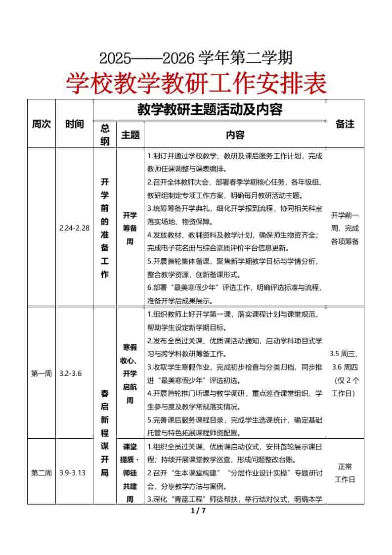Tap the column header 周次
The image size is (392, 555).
click(x=42, y=124)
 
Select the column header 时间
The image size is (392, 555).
click(x=74, y=124)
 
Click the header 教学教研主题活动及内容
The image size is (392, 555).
click(x=210, y=109)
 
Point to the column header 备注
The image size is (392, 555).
click(x=345, y=124)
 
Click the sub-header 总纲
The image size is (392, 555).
click(x=105, y=135)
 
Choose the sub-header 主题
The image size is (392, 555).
click(x=130, y=135)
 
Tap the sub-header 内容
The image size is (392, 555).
click(x=235, y=135)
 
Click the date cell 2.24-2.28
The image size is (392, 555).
click(x=74, y=228)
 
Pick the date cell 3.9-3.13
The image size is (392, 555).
click(x=72, y=472)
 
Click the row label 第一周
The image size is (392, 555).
click(x=42, y=373)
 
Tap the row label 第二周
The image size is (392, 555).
click(x=42, y=472)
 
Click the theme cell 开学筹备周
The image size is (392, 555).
click(x=130, y=229)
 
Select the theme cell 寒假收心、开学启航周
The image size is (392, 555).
click(x=130, y=373)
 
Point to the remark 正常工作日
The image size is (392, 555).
click(x=345, y=472)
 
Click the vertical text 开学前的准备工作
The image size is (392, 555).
click(x=105, y=228)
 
